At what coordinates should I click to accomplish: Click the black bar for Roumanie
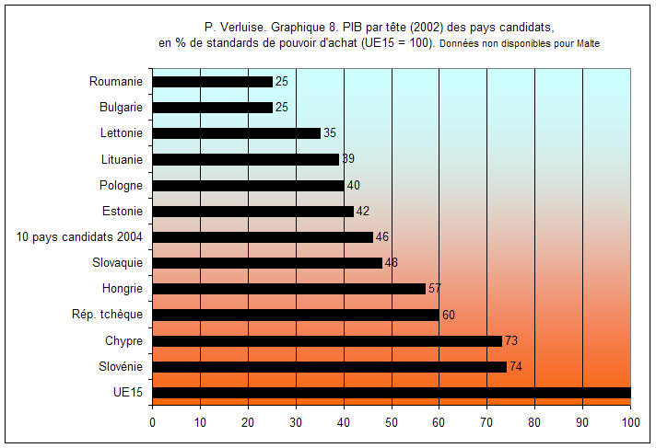click(213, 82)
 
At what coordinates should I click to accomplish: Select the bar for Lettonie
click(237, 133)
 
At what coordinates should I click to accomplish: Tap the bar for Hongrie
click(289, 289)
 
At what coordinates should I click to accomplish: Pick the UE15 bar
click(392, 393)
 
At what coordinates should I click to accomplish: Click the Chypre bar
click(327, 341)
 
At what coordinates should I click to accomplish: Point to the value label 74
click(516, 366)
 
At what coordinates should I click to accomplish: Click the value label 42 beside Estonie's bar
click(363, 211)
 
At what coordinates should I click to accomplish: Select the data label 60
click(449, 315)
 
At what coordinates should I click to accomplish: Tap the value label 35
click(330, 132)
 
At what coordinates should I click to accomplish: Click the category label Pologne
click(121, 185)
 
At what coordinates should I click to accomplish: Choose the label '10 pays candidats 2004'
click(79, 237)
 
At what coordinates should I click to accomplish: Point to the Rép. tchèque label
click(107, 315)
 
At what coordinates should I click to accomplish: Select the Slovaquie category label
click(118, 263)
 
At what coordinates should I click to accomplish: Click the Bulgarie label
click(121, 108)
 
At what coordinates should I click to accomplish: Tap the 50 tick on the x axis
click(392, 422)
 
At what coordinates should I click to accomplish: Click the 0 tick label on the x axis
click(153, 422)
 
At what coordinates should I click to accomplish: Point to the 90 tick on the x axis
click(582, 422)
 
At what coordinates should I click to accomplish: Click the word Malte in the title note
click(588, 43)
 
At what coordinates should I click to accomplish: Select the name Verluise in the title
click(242, 28)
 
